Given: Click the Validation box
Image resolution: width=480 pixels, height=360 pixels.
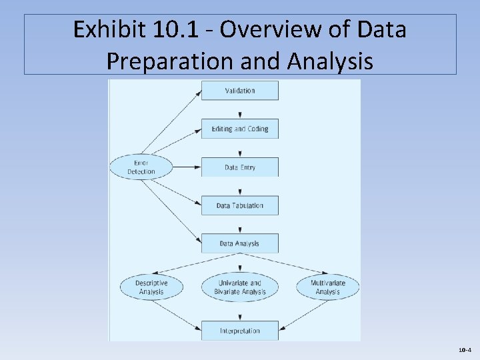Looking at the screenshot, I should tap(240, 91).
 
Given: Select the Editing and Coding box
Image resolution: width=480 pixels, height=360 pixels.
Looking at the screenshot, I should tap(240, 129).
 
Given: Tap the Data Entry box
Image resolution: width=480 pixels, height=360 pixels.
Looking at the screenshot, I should tap(240, 167).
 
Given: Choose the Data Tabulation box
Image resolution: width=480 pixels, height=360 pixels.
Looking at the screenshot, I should tap(240, 205).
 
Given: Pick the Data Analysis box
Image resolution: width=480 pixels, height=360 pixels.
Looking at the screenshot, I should tap(240, 243).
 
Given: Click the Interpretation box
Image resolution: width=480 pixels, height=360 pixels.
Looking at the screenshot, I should tap(240, 331).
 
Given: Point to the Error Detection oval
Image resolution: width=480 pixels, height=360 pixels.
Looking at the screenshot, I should tap(141, 167).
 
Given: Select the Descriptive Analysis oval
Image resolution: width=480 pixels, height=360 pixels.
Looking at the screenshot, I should tap(151, 287).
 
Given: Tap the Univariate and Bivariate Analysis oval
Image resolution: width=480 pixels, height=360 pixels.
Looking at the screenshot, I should tap(240, 287).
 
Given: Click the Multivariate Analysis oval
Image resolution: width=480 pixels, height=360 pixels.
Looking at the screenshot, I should tap(327, 287).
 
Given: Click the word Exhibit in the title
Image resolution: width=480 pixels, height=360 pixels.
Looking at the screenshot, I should tap(102, 31).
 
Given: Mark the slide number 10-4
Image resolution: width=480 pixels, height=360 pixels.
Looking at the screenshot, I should tap(465, 349).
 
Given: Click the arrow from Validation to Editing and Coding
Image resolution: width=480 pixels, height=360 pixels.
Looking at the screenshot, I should tap(240, 109).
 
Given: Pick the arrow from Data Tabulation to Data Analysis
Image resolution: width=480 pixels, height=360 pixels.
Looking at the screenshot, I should tap(240, 224).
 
